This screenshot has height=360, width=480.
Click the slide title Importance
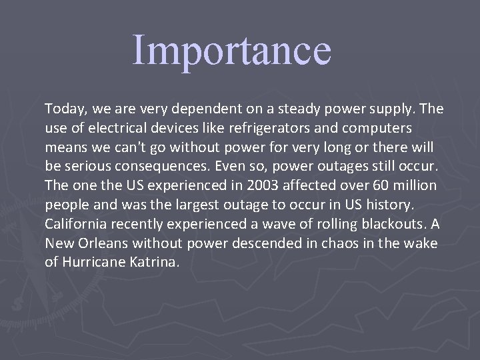click(231, 51)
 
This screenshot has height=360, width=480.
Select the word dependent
click(191, 108)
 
